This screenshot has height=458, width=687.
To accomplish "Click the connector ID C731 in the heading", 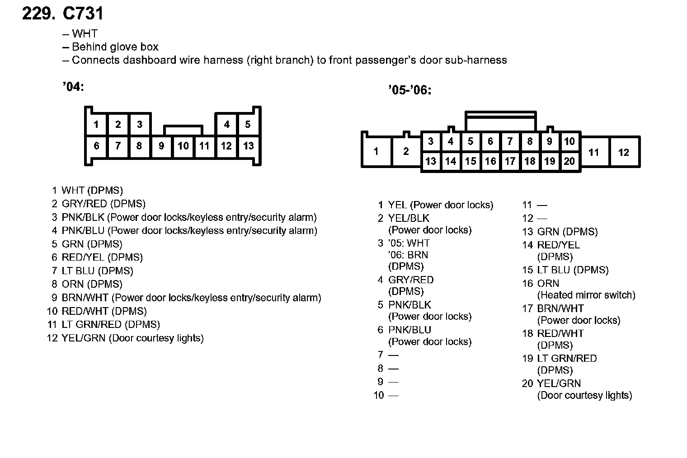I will point(83,14).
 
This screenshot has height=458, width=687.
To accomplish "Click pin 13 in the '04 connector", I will point(248,146).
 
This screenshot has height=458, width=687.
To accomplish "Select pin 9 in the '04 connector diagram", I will point(161,146).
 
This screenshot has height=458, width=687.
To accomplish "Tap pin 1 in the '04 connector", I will point(96,124).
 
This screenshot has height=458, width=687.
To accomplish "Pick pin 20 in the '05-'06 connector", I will point(569,161).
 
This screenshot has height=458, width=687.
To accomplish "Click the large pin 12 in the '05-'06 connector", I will point(624,152).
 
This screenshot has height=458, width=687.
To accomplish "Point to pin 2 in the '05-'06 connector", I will point(406,152).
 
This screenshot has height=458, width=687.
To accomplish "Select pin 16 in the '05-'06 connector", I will point(490,161).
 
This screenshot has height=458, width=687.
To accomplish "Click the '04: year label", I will point(73,87).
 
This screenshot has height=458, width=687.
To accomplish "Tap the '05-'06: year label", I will point(409,90).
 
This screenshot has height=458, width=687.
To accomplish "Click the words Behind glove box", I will point(115,47).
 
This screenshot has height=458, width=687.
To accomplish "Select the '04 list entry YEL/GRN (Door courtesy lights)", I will point(132,338).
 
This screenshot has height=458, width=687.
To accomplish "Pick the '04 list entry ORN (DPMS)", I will point(92,284).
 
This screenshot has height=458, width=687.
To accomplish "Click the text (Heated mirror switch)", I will point(586,295).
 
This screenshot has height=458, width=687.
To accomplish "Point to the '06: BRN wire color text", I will point(408,255).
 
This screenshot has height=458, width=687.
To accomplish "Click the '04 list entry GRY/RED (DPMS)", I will point(104,204).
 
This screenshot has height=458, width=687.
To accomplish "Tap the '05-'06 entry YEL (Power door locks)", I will point(441,205).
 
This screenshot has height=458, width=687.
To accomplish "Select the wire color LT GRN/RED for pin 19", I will point(567,359).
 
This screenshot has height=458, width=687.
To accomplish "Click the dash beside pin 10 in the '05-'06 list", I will point(394,396).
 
